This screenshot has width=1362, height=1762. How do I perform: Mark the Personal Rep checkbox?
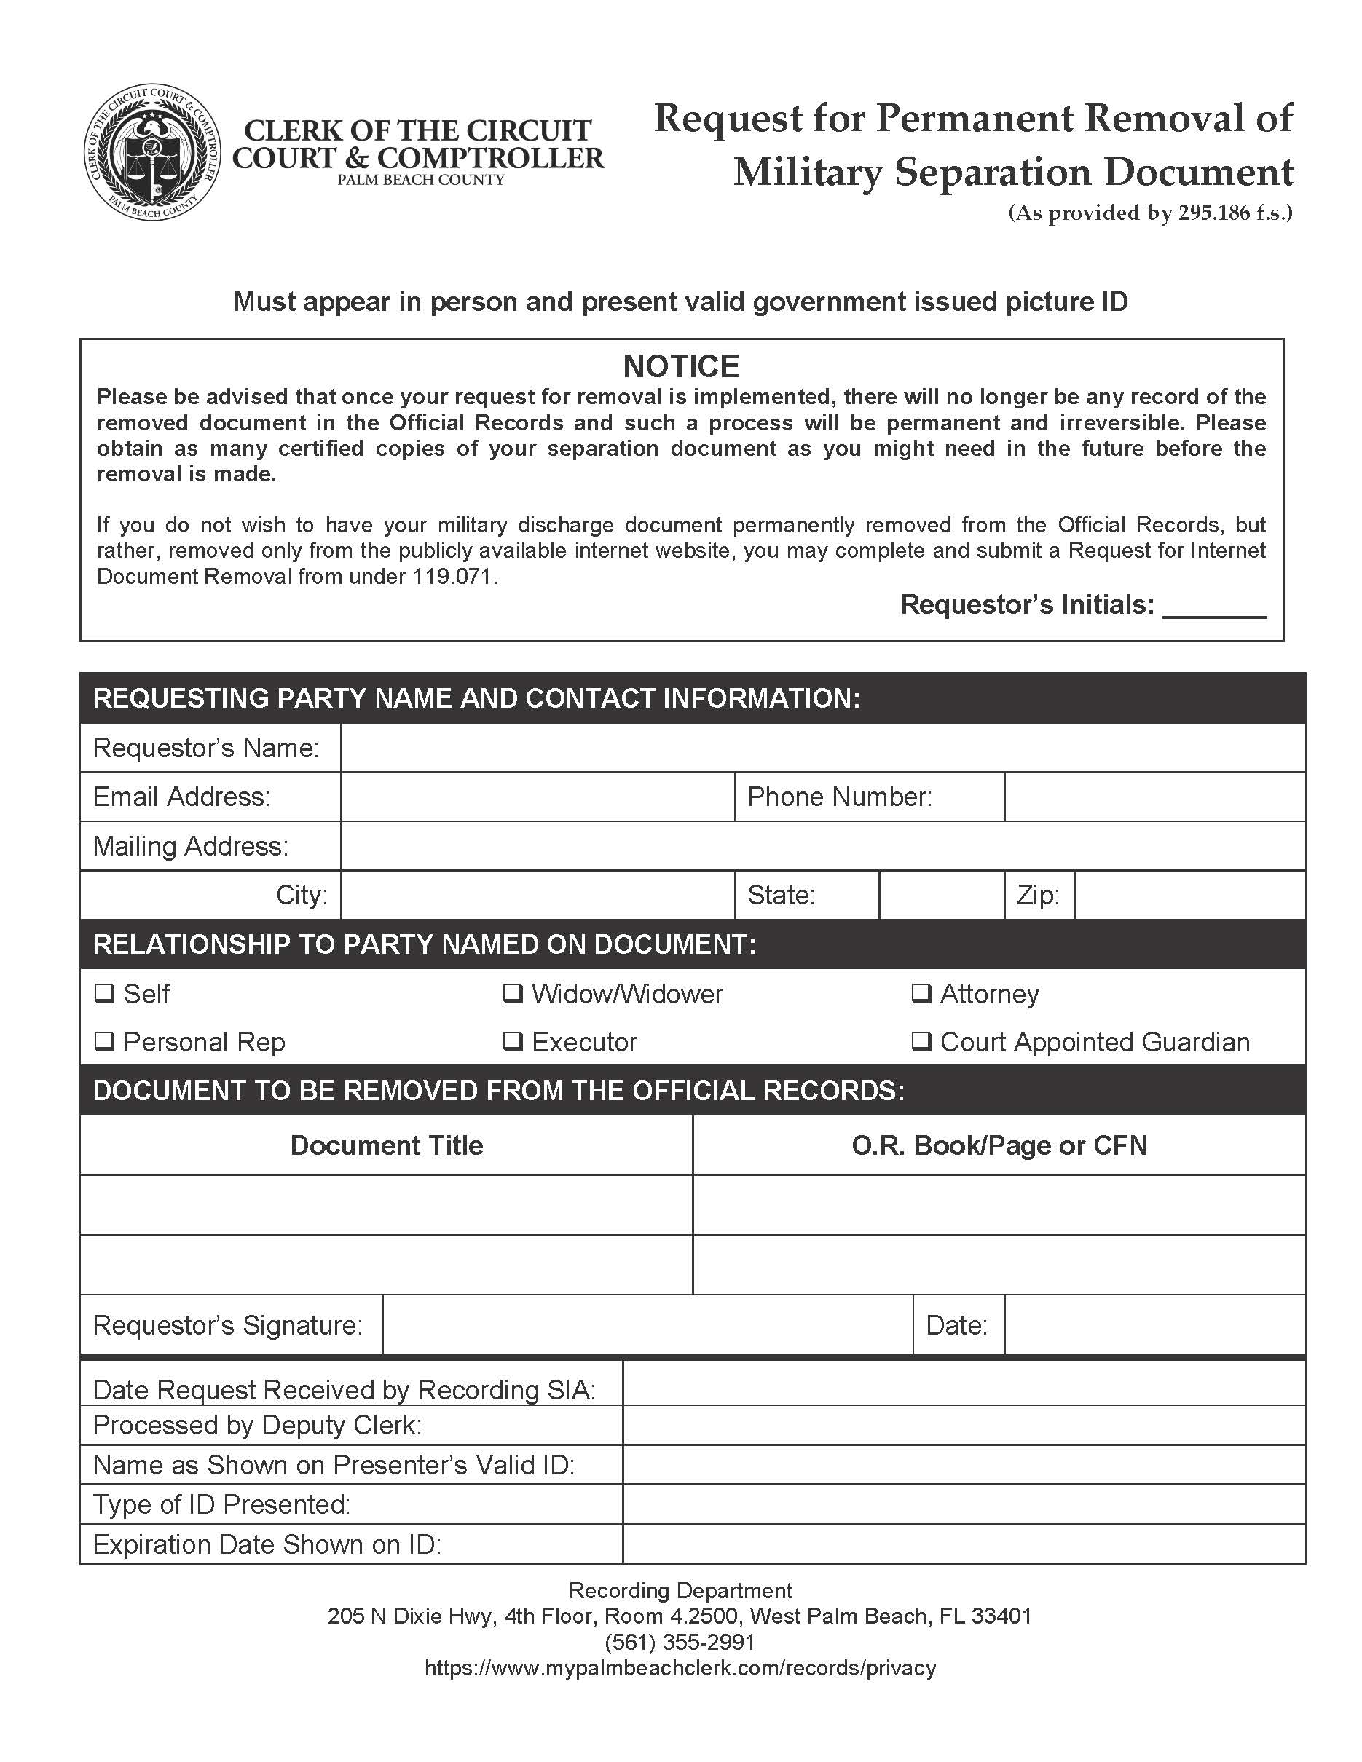point(104,1042)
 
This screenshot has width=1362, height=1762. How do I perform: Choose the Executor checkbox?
point(512,1042)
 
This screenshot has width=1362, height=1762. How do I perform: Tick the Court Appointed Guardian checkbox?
point(921,1042)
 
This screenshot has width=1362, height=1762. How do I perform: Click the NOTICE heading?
point(680,366)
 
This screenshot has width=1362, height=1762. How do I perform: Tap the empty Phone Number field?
point(1154,797)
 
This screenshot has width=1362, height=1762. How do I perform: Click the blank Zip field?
point(1189,895)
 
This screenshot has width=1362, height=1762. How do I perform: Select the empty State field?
point(941,895)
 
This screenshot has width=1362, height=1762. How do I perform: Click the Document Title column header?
point(386,1145)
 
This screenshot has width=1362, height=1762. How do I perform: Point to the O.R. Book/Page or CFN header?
point(999,1145)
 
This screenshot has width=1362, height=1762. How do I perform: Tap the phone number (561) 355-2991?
point(680,1642)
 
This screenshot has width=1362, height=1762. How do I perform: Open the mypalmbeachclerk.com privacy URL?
point(680,1667)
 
